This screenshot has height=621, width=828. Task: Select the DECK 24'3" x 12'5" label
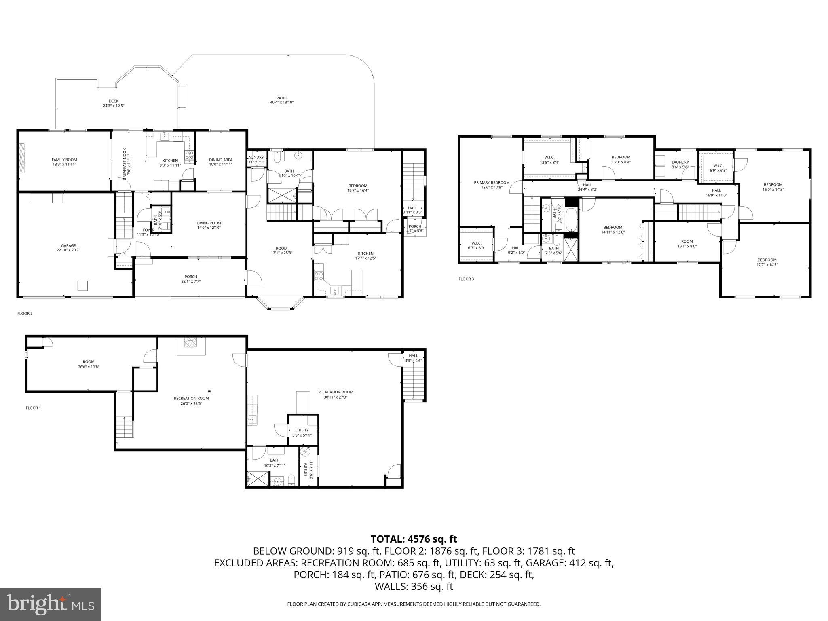tap(114, 103)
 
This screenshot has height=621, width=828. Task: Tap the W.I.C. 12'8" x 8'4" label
tap(549, 160)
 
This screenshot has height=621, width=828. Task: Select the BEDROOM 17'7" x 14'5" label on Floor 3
tap(767, 262)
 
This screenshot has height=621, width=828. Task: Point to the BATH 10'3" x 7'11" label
tap(275, 463)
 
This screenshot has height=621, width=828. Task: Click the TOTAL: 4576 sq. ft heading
tap(414, 539)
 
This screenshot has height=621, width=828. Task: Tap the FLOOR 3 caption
tap(466, 279)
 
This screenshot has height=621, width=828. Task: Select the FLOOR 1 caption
tap(33, 408)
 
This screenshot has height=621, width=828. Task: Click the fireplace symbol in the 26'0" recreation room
tap(189, 343)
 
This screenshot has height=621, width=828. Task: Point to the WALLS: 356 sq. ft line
tap(414, 587)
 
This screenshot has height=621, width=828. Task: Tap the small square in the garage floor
tap(82, 285)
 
